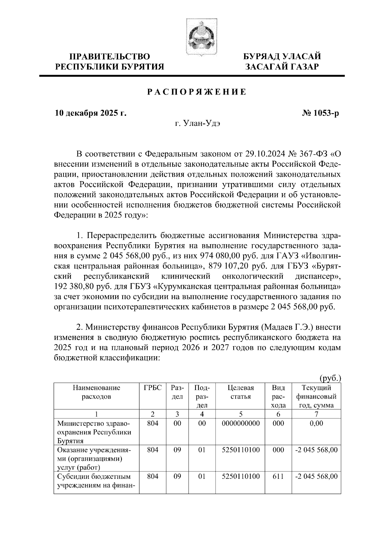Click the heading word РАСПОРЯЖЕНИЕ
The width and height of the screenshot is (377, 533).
(x=197, y=92)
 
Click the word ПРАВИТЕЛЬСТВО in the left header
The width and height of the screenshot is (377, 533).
(x=110, y=57)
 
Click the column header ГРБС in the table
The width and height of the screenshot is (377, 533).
(x=153, y=388)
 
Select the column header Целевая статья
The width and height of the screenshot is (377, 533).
(x=241, y=392)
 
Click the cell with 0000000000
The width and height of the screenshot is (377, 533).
(x=241, y=423)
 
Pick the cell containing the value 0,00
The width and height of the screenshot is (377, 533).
(x=316, y=423)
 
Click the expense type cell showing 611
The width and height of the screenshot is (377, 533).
(x=278, y=476)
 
